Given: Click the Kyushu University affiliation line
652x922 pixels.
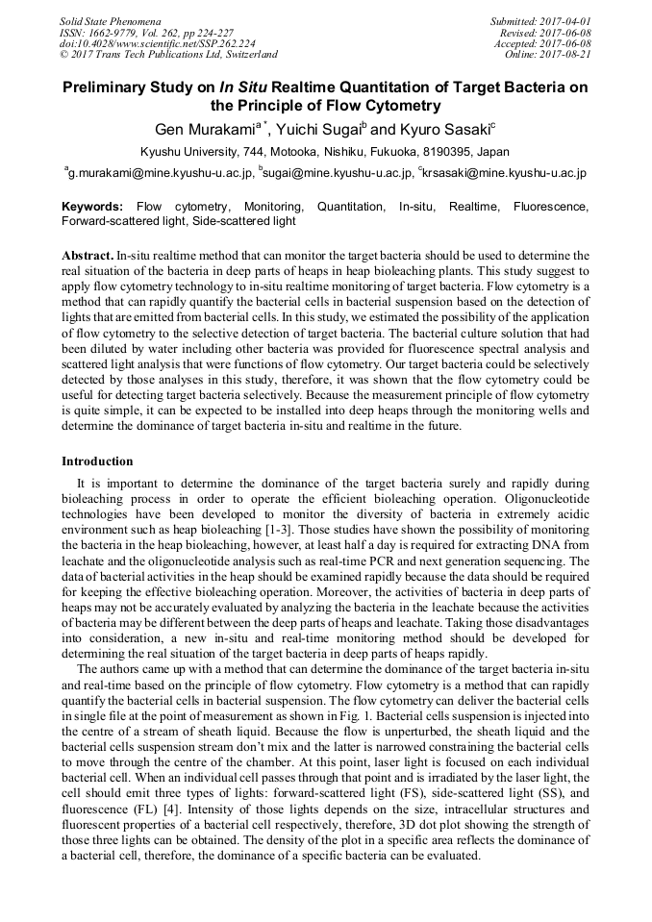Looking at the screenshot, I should click(325, 152).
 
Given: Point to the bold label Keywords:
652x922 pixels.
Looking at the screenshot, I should click(92, 207).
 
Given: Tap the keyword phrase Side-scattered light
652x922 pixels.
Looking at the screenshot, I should click(244, 221).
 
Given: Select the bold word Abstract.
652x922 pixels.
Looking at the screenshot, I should click(87, 256).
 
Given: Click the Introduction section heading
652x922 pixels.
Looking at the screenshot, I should click(97, 461).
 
